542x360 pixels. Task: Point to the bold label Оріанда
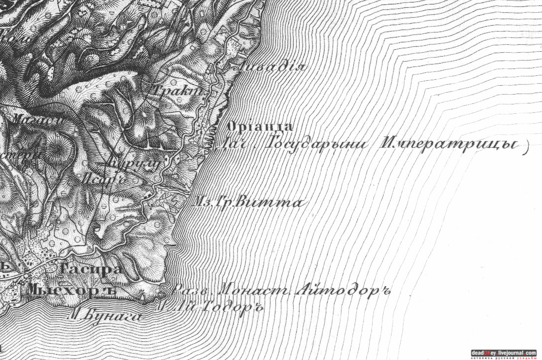pyautogui.click(x=261, y=127)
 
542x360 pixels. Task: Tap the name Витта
pyautogui.click(x=269, y=202)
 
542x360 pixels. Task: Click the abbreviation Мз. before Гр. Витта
pyautogui.click(x=203, y=202)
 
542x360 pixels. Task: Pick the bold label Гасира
pyautogui.click(x=91, y=269)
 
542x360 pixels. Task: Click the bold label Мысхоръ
pyautogui.click(x=71, y=290)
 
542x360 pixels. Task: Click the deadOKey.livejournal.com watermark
pyautogui.click(x=503, y=353)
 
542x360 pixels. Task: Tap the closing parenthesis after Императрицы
pyautogui.click(x=525, y=147)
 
